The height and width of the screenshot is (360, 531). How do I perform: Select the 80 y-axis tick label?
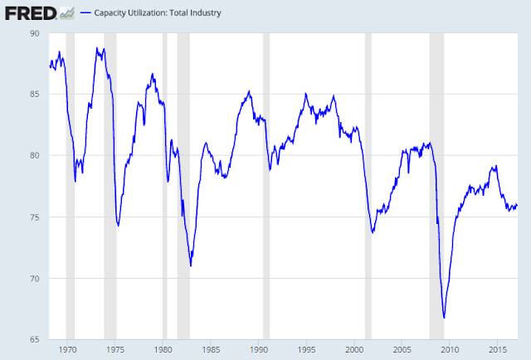34,155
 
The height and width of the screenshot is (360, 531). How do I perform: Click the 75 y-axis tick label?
34,216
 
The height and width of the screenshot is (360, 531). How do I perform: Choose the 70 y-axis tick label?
34,278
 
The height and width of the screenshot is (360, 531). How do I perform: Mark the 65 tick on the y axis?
34,339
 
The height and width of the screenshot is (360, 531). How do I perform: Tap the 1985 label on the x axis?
211,349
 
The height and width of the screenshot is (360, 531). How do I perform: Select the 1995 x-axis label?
307,349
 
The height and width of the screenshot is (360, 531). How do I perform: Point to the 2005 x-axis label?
402,349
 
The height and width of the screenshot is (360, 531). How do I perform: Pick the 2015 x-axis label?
498,349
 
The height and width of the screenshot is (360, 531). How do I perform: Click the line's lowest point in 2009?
445,318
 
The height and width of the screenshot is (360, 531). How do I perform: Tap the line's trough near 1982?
191,266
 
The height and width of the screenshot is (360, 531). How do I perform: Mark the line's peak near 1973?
98,48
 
